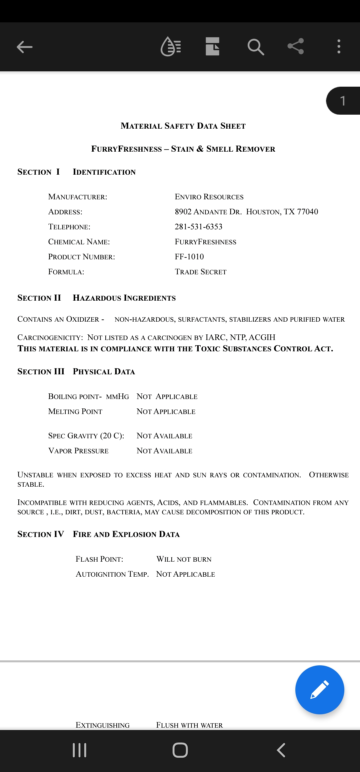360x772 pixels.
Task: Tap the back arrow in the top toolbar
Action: tap(25, 47)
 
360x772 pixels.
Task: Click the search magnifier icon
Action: tap(256, 47)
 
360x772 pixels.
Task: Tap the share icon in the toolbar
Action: tap(296, 46)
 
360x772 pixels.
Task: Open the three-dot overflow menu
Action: tap(339, 47)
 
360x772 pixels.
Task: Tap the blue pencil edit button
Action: tap(319, 690)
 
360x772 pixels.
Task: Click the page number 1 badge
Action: tap(343, 101)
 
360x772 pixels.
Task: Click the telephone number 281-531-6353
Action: tap(198, 227)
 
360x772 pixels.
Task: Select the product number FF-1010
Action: tap(189, 257)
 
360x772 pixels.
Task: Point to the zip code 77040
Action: tap(307, 212)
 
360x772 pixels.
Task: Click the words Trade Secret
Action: tap(201, 272)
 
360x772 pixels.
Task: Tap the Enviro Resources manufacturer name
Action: tap(209, 197)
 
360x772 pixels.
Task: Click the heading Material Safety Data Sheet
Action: tap(183, 126)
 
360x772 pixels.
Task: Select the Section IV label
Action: tap(41, 534)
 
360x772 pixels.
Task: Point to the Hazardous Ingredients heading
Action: tap(124, 298)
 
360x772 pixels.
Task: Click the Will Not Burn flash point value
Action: tap(184, 559)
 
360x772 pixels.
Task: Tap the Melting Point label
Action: tap(75, 412)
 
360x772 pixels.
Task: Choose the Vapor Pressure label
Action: tap(78, 451)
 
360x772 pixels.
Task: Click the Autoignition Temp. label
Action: tap(112, 574)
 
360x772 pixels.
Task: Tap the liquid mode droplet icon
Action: tap(171, 47)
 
